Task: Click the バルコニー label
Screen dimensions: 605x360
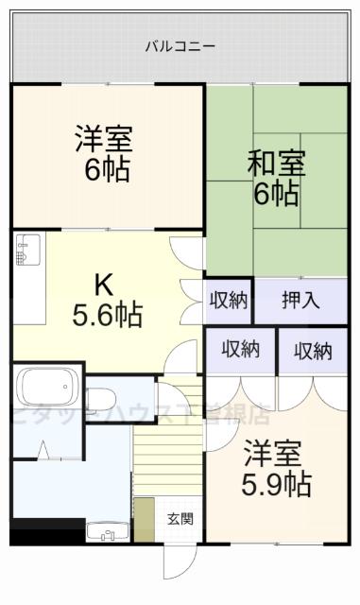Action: pos(180,45)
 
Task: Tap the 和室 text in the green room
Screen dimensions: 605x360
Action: pos(276,163)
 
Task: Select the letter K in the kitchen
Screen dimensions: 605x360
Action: pos(104,283)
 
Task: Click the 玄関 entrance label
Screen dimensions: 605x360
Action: pos(180,518)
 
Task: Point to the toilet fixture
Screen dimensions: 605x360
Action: pos(102,395)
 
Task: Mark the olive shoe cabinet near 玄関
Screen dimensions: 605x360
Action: pos(144,519)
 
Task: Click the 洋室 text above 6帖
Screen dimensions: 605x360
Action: pos(105,139)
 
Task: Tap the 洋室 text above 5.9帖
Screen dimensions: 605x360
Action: pos(274,453)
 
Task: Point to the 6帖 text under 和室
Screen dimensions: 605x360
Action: pos(276,194)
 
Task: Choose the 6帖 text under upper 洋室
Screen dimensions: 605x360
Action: pos(105,171)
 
